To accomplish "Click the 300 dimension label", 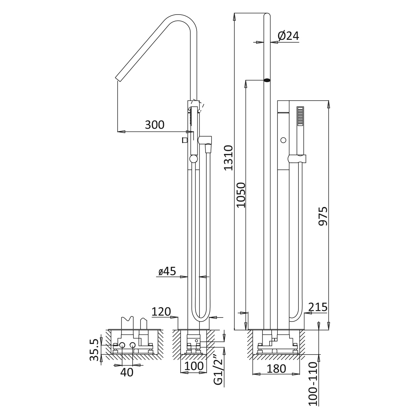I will (155, 125).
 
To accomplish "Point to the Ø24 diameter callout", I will (288, 36).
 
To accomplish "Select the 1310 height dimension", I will (229, 157).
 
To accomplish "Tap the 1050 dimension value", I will (241, 195).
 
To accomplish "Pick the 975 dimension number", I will (323, 216).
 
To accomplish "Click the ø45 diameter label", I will (167, 271).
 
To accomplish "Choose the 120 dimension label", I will (161, 312).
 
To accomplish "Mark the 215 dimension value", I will (318, 307).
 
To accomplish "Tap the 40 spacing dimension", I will (127, 372).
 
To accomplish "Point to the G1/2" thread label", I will (218, 372).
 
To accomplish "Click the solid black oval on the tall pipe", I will (267, 80).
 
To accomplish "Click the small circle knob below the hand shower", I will (283, 140).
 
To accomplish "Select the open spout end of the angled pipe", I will (119, 78).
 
